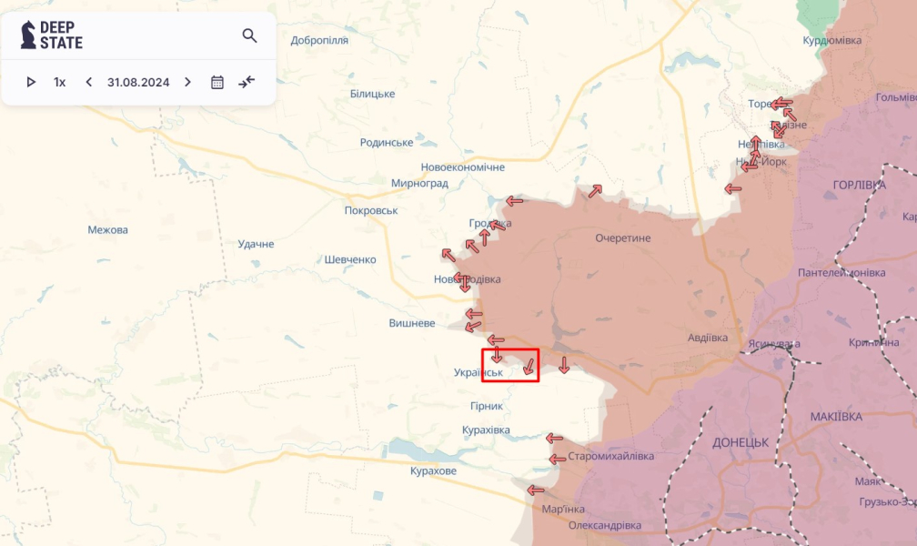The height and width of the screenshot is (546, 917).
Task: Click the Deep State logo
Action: (52, 35)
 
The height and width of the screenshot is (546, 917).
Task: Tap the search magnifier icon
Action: (249, 35)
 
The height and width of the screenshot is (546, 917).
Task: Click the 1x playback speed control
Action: (60, 82)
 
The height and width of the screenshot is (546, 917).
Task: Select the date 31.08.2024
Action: (138, 82)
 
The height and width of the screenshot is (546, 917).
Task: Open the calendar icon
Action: (217, 82)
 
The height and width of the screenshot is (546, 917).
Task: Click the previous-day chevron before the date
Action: (88, 82)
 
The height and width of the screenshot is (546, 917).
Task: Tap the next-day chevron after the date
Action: (187, 82)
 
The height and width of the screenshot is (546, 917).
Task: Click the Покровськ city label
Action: (371, 210)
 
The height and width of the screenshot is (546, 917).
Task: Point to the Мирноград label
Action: (419, 183)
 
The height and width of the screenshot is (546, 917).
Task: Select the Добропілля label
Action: (319, 40)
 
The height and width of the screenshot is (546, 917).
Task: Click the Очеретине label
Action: (622, 238)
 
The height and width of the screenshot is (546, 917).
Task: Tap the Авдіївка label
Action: (708, 338)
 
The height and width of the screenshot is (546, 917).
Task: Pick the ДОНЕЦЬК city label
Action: (741, 441)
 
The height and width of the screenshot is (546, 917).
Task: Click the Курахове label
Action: (433, 470)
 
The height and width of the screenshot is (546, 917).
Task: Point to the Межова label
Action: (107, 229)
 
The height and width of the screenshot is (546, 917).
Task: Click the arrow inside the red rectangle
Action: (529, 368)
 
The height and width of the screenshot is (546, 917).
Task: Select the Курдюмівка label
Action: (831, 40)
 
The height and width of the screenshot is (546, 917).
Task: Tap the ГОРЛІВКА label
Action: (859, 185)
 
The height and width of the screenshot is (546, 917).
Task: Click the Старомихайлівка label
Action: (610, 456)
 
